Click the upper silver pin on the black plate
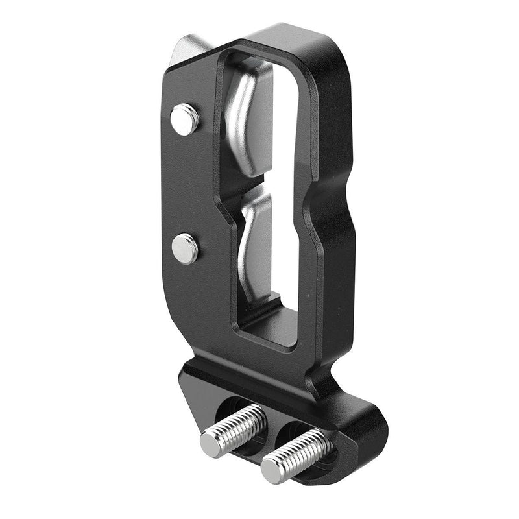click(185, 119)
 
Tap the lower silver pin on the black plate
click(186, 248)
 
